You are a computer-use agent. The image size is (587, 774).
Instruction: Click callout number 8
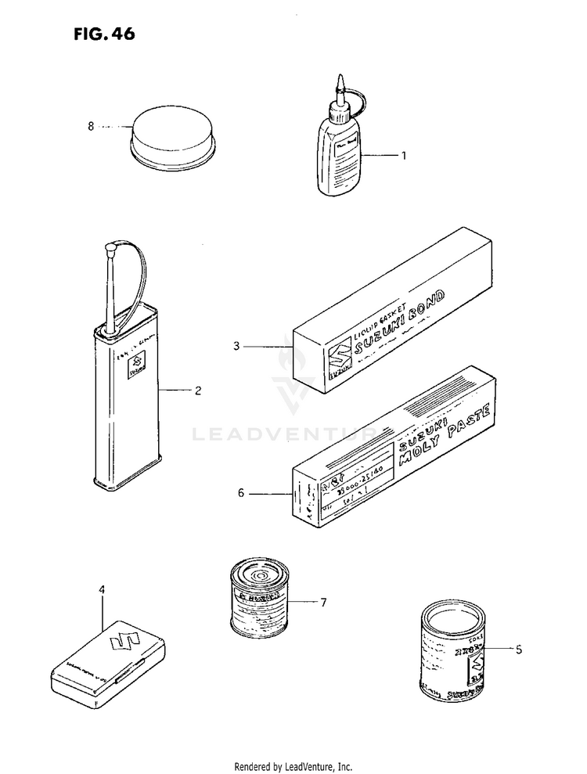(x=91, y=125)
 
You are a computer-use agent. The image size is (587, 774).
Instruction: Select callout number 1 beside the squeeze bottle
(x=404, y=155)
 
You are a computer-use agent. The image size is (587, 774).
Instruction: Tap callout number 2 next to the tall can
(x=198, y=389)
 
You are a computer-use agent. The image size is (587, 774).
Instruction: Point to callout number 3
(x=236, y=344)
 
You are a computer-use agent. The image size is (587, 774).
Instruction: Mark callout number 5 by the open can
(x=518, y=649)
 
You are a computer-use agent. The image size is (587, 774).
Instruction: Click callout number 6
(x=241, y=493)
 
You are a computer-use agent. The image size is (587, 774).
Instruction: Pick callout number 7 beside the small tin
(x=322, y=602)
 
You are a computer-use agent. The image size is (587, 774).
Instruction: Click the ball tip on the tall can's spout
(x=110, y=247)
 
